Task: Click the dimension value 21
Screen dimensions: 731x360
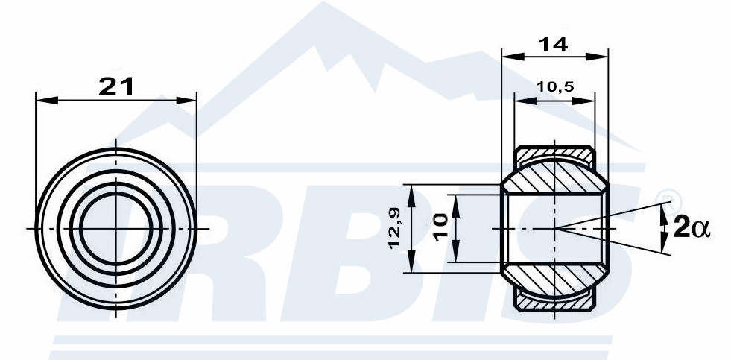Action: [116, 86]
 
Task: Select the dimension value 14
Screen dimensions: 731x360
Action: [553, 44]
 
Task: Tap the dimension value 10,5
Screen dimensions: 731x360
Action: [555, 86]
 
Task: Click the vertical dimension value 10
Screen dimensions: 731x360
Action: [440, 228]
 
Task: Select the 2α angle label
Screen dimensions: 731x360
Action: [692, 229]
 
